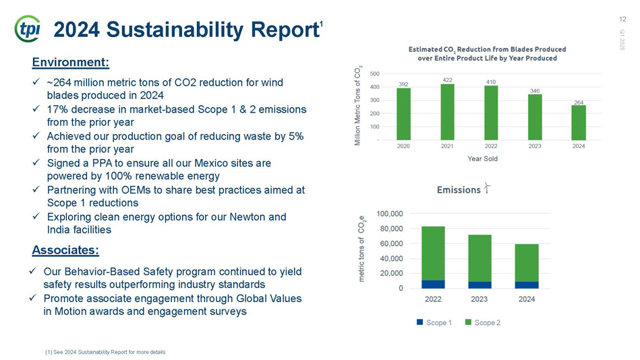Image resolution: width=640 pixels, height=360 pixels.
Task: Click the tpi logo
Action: pos(28,28)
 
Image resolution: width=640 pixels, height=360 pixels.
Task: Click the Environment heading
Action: pos(71,63)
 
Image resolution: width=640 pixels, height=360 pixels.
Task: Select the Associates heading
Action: pos(65,250)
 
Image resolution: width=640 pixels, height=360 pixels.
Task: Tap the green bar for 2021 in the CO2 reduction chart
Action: pos(447,112)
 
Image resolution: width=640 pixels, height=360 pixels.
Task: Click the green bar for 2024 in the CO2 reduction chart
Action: pos(579,123)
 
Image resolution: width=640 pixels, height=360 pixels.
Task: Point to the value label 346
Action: pos(535,90)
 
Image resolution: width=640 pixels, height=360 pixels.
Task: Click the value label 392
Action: pos(403,84)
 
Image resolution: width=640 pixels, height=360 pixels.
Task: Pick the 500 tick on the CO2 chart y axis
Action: pos(375,74)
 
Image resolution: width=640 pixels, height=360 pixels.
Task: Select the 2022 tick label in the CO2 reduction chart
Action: pos(491,146)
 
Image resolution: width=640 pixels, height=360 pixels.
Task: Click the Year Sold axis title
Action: pos(482,159)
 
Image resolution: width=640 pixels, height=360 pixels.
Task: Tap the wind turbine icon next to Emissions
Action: pos(487,188)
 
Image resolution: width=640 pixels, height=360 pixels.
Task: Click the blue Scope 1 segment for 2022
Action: pos(433,284)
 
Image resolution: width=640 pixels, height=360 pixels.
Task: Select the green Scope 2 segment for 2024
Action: pos(527,264)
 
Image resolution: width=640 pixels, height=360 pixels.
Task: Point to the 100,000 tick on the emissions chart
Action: pos(389,214)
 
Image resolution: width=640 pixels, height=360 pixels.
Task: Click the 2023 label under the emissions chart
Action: pos(479,299)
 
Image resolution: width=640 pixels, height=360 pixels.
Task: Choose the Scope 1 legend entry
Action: pos(434,322)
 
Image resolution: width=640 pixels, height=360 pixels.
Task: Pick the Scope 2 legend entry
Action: pos(483,322)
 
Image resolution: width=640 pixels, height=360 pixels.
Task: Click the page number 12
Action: pos(622,19)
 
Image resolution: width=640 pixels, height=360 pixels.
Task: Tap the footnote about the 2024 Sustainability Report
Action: pos(105,352)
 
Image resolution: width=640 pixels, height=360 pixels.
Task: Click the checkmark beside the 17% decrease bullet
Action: pos(36,109)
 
